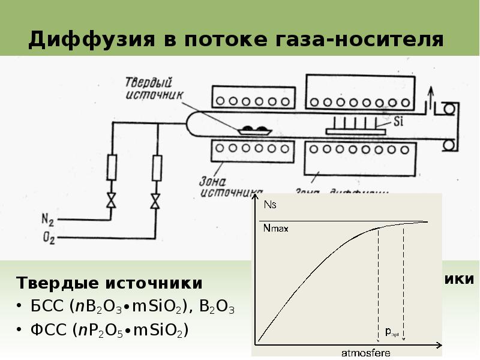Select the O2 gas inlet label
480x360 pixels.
click(49, 239)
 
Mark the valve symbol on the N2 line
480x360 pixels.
click(111, 200)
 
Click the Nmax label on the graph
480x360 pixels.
click(275, 228)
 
